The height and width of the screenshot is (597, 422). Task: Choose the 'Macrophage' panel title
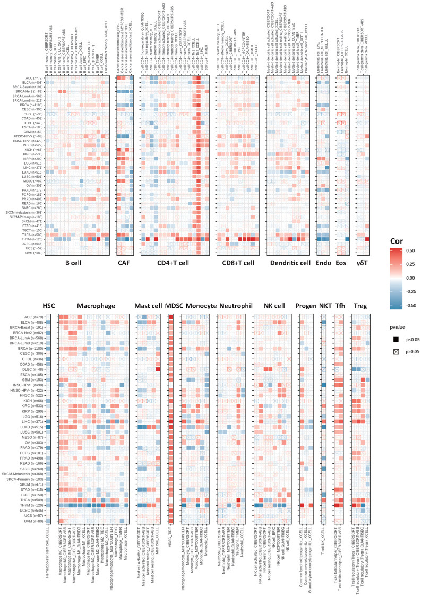coord(95,306)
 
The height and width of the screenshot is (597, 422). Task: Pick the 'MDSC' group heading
coord(171,306)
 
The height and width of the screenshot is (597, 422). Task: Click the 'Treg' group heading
coord(359,306)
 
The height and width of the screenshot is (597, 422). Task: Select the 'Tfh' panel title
coord(340,306)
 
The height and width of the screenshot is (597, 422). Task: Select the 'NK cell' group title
coord(275,306)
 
